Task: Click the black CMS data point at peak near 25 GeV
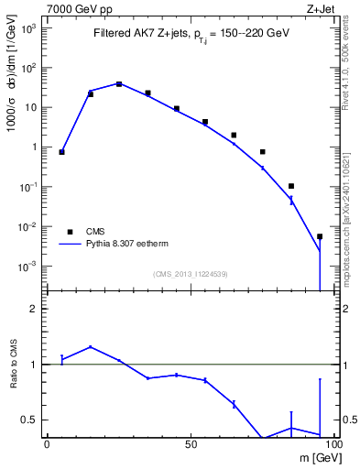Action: tap(119, 83)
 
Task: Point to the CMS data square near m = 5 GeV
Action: tap(61, 152)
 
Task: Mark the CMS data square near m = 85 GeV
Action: tap(291, 186)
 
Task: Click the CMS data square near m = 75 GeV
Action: tap(263, 152)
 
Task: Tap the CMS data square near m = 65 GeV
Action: tap(234, 135)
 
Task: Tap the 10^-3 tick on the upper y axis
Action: tap(27, 267)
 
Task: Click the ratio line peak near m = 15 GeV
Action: tap(90, 347)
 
